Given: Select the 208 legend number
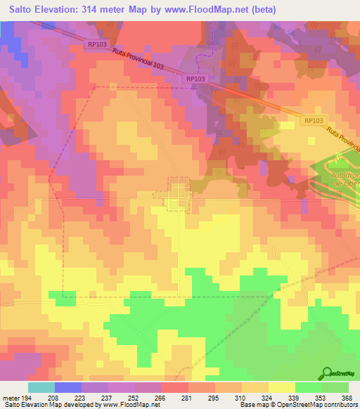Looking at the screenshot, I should (x=61, y=398).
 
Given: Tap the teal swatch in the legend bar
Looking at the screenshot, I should (x=41, y=387).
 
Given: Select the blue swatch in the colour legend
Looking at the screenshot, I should (x=67, y=387).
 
